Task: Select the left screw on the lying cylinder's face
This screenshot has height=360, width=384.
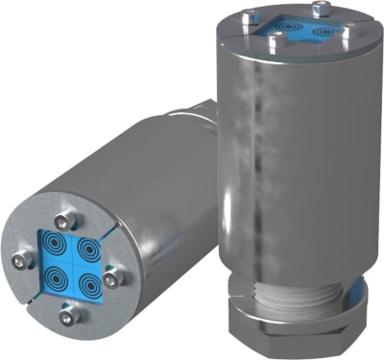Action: click(x=21, y=259)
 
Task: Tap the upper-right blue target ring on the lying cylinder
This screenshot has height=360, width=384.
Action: click(x=86, y=252)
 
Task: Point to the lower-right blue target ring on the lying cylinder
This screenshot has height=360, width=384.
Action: click(x=88, y=283)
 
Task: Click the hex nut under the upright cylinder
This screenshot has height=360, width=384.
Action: click(x=289, y=331)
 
